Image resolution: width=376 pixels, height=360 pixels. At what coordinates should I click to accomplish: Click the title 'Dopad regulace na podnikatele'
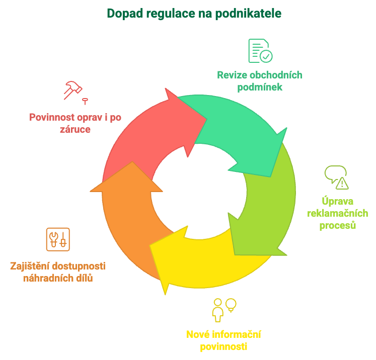point(194,13)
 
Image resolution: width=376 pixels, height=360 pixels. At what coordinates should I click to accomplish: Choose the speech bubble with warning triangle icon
point(336,177)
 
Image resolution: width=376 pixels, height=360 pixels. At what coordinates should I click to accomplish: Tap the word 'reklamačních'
point(338,214)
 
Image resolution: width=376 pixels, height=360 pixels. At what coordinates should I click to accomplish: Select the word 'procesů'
point(338,225)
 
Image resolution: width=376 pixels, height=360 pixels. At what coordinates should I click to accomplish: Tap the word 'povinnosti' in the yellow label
point(223,346)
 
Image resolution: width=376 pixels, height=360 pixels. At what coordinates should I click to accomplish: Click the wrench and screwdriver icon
point(58,240)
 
